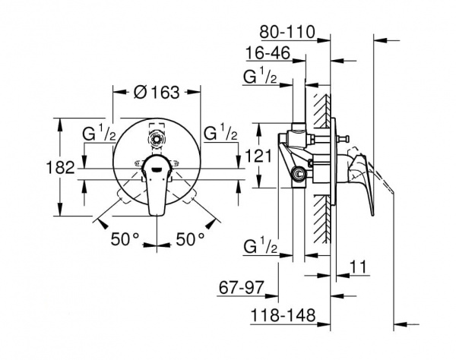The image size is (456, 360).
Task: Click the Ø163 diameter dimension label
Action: click(157, 93)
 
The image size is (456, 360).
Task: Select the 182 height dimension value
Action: click(61, 168)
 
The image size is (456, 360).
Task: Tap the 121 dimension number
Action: click(258, 156)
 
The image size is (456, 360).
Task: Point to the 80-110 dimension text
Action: click(287, 32)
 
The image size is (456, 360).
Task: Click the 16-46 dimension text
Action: click(268, 53)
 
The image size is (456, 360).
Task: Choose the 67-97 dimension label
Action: click(241, 288)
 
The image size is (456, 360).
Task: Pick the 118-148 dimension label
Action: click(283, 315)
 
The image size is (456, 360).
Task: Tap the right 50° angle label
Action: click(190, 239)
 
